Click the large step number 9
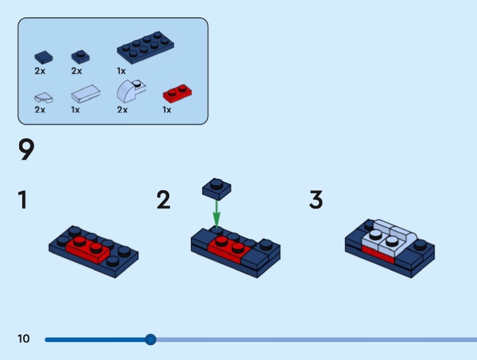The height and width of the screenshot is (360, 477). (26, 150)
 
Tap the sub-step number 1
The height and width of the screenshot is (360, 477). (23, 200)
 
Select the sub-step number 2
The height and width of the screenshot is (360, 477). (163, 200)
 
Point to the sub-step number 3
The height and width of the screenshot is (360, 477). (315, 200)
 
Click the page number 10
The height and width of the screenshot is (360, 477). (23, 339)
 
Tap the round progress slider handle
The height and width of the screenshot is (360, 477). (151, 340)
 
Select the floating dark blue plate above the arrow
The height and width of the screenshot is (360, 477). (216, 188)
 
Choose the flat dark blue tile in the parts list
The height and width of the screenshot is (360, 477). (43, 57)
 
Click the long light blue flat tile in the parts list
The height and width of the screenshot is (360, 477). (85, 94)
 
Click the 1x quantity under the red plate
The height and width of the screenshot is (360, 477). (167, 110)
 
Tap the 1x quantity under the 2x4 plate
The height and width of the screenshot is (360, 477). (121, 71)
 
